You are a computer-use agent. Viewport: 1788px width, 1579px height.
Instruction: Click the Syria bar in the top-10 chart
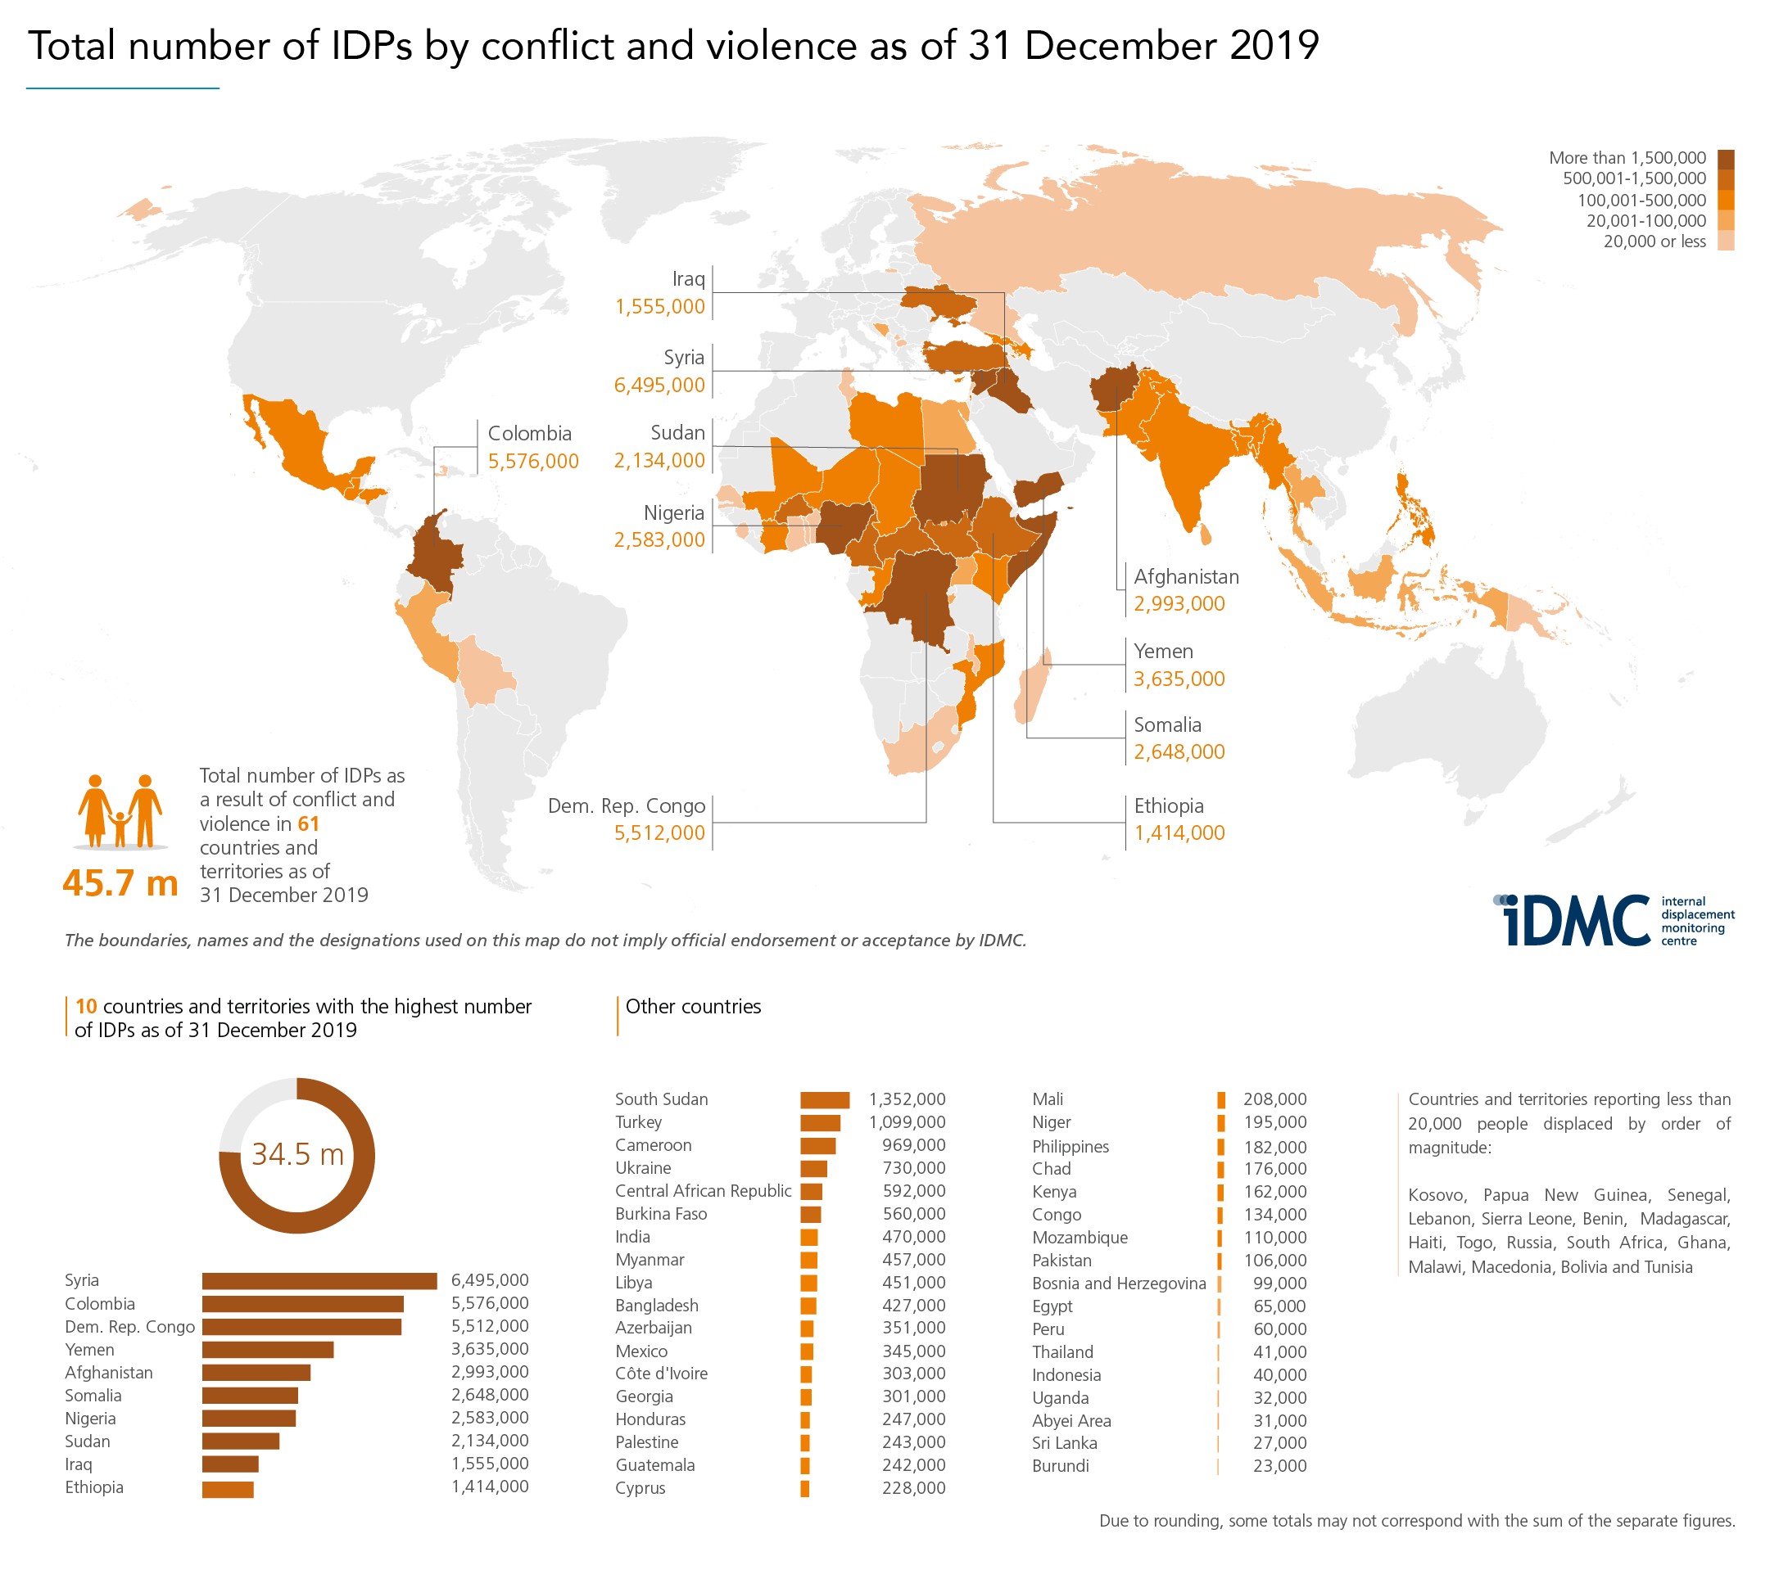pos(319,1281)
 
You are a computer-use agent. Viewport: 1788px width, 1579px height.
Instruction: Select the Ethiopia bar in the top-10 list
pos(228,1489)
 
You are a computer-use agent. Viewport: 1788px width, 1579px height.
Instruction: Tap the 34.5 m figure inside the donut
pos(297,1154)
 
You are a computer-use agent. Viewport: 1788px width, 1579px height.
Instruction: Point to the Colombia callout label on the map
pos(529,434)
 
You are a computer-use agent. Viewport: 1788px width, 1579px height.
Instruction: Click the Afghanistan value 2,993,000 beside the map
pos(1179,603)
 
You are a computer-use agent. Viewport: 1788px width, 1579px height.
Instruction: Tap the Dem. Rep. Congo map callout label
pos(627,806)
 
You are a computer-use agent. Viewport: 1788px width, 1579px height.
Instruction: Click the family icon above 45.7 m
pos(120,811)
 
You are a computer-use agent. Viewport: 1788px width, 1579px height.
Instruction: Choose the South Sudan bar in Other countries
pos(824,1100)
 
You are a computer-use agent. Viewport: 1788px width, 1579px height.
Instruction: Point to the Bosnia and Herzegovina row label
pos(1119,1284)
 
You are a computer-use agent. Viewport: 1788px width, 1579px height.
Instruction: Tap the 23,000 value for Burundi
pos(1279,1466)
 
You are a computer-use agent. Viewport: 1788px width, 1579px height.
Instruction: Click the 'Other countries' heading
pos(693,1006)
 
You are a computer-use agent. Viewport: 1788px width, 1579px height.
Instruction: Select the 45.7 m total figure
pos(120,883)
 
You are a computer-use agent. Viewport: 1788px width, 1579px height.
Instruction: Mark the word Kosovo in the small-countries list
pos(1436,1195)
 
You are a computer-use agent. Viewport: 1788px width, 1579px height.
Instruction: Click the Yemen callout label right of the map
pos(1163,652)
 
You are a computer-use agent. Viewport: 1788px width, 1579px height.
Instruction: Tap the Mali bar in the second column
pos(1221,1100)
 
